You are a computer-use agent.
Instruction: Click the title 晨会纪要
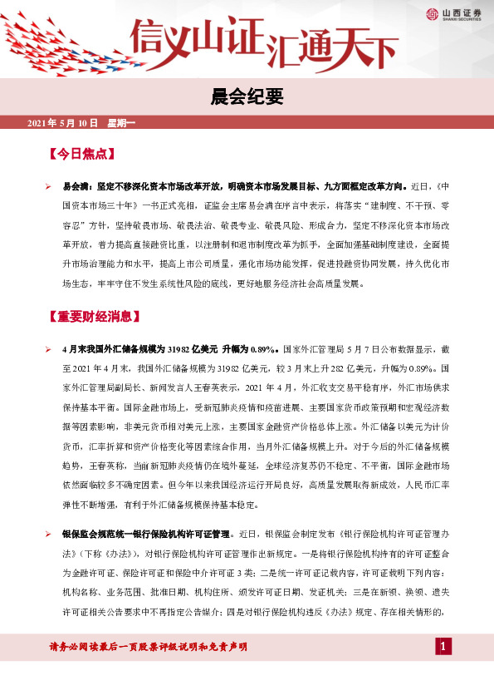tap(247, 97)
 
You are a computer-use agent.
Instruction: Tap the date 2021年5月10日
tap(62, 124)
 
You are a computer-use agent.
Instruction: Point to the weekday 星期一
tap(121, 124)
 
